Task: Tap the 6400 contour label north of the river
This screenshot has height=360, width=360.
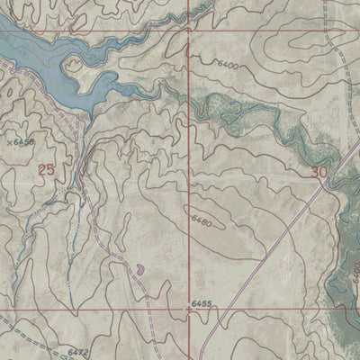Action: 229,66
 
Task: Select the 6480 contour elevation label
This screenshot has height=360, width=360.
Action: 202,220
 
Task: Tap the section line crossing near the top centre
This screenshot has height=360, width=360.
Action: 188,29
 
